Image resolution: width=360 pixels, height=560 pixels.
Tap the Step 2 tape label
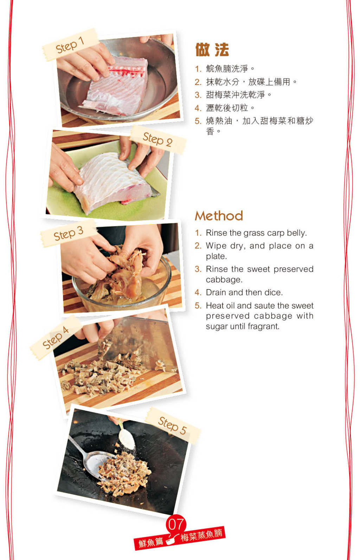[x=158, y=139]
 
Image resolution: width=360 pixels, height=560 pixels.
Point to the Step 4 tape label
[x=56, y=338]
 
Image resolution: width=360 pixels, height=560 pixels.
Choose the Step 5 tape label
[x=173, y=425]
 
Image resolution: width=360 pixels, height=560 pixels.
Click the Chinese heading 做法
[x=212, y=50]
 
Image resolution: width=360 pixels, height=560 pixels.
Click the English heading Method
[x=219, y=216]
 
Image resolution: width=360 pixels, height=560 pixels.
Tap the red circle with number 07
[x=176, y=524]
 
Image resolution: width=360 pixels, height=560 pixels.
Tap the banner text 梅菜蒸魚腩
[x=201, y=534]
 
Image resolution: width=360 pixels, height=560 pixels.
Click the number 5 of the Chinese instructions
[x=198, y=121]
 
